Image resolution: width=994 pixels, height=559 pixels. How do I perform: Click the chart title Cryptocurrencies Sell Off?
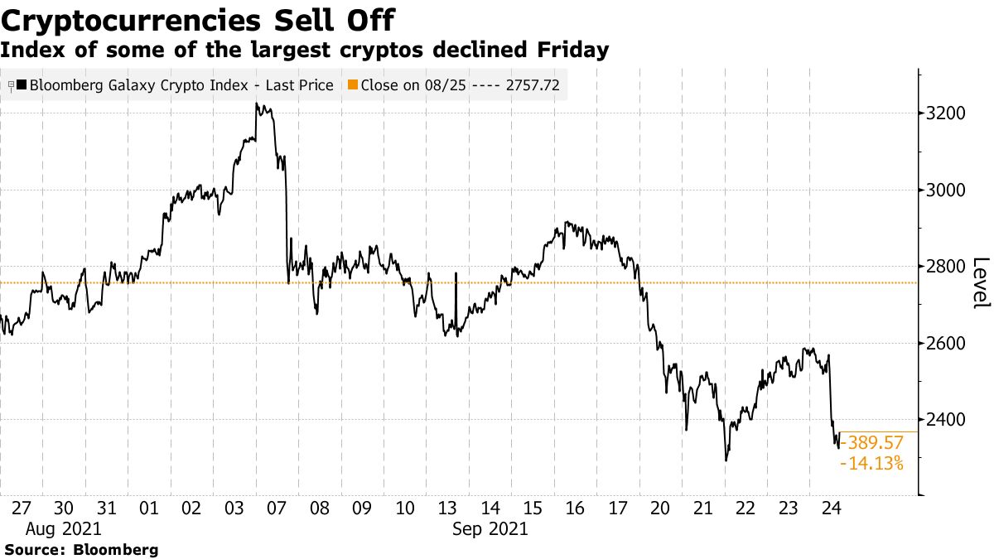(x=198, y=20)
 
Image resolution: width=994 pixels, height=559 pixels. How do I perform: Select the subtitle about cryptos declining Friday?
(x=305, y=51)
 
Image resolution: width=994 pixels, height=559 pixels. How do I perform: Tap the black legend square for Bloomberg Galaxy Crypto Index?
(x=22, y=85)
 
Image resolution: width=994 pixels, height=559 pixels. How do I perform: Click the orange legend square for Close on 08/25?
(x=353, y=85)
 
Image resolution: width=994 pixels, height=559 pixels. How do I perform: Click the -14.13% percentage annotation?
(x=872, y=464)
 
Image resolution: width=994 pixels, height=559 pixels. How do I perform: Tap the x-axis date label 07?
(x=278, y=508)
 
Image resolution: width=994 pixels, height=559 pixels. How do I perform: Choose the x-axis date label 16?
(x=576, y=508)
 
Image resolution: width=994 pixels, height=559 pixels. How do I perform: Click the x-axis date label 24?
(x=831, y=508)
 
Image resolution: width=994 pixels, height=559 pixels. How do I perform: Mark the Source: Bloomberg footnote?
(x=81, y=549)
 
